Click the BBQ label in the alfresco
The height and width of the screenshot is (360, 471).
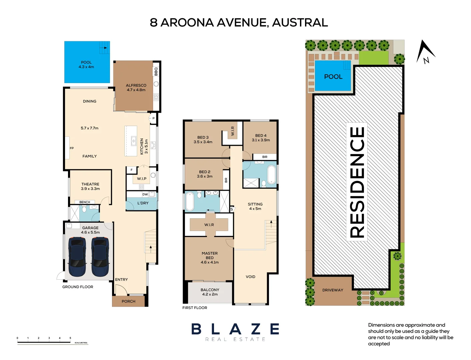pos(156,71)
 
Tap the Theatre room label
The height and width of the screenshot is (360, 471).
pos(90,184)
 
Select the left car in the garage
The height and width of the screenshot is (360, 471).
pos(77,257)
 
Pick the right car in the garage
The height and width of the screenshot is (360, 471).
pos(100,257)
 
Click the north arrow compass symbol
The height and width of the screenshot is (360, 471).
pos(425,52)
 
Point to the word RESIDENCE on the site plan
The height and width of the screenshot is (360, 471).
pos(357,182)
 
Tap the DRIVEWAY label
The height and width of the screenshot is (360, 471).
pos(333,290)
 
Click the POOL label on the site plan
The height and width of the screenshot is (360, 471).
pos(333,77)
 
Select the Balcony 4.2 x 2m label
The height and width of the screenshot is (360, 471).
pos(210,292)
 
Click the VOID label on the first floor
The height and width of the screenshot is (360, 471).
pos(250,277)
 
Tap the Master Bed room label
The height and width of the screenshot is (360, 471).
pos(210,258)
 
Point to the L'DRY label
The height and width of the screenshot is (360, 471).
pos(143,203)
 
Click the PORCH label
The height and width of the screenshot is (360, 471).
pos(129,301)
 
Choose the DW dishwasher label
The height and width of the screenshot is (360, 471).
pos(145,194)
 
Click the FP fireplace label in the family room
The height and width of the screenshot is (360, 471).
pos(72,148)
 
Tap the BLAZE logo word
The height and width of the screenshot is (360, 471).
pos(235,329)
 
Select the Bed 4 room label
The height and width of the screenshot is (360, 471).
pos(261,138)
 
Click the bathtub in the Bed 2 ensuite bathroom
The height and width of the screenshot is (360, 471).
pos(190,201)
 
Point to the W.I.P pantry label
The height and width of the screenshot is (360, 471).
pos(142,178)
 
